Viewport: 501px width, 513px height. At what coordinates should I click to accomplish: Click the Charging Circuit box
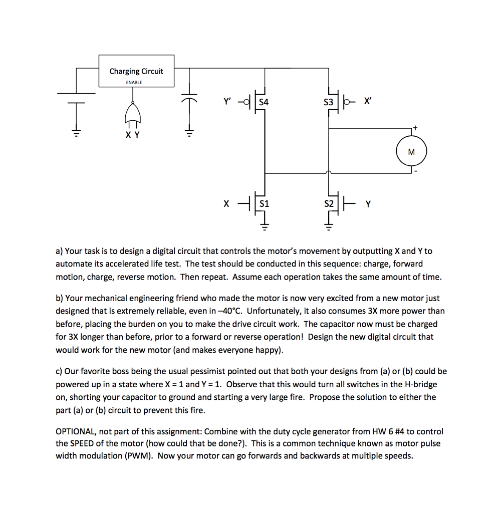pyautogui.click(x=136, y=71)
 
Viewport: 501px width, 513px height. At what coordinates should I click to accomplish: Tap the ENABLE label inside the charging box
pyautogui.click(x=134, y=82)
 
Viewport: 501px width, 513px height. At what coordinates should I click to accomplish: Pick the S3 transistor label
pyautogui.click(x=328, y=102)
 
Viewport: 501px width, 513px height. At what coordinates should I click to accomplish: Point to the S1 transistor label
pyautogui.click(x=264, y=204)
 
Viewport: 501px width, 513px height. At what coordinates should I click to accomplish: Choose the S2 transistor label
pyautogui.click(x=329, y=204)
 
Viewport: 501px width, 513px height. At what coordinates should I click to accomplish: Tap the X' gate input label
pyautogui.click(x=368, y=102)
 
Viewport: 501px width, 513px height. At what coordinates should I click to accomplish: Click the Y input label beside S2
pyautogui.click(x=369, y=204)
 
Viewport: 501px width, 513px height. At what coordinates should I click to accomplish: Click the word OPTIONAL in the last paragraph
pyautogui.click(x=77, y=431)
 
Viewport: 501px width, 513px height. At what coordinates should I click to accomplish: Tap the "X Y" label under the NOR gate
pyautogui.click(x=133, y=134)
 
